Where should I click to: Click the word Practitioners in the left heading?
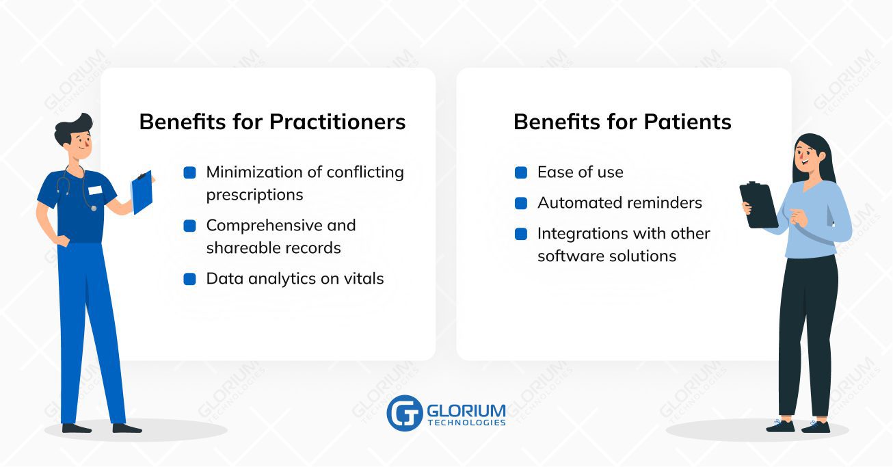click(337, 122)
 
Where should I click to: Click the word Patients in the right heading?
click(688, 122)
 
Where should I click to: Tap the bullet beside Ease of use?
click(521, 173)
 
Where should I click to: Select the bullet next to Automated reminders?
click(521, 203)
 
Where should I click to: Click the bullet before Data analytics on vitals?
click(190, 279)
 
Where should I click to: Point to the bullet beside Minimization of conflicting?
click(190, 173)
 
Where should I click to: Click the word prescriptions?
click(255, 196)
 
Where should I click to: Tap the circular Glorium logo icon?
click(405, 413)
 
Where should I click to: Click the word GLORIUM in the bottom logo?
click(466, 410)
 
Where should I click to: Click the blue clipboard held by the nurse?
click(142, 192)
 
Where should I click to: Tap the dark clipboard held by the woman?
click(759, 205)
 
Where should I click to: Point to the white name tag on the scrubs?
click(95, 190)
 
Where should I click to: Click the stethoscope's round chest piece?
click(93, 208)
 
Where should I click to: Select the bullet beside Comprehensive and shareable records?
click(190, 226)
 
